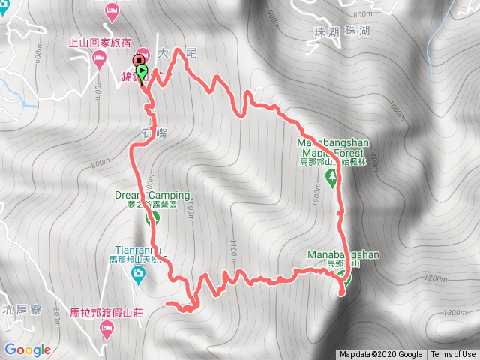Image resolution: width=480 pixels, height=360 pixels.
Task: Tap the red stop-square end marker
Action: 138,62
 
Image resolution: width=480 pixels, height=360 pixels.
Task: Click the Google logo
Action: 27,349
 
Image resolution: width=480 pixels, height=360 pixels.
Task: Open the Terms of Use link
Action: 452,355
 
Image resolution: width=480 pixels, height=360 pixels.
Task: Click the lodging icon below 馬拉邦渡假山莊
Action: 106,326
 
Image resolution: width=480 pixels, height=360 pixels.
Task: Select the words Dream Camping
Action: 152,195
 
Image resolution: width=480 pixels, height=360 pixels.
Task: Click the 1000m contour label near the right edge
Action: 396,113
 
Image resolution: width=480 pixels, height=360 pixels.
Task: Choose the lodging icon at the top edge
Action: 111,10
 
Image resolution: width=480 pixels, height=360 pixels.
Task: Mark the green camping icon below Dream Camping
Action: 153,219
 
